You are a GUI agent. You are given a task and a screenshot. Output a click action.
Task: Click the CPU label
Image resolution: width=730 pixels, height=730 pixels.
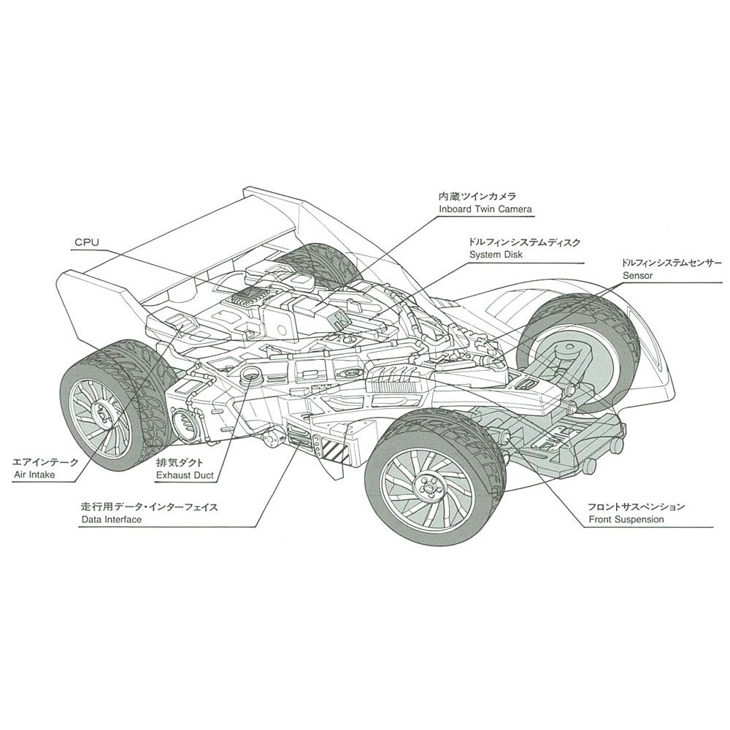(x=86, y=242)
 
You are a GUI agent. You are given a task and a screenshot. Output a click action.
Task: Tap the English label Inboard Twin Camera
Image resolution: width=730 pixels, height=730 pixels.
(x=485, y=210)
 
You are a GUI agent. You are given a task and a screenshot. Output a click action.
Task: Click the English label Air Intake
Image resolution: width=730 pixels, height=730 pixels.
(x=34, y=474)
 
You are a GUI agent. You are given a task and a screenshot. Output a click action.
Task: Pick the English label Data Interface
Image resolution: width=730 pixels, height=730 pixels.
(x=112, y=519)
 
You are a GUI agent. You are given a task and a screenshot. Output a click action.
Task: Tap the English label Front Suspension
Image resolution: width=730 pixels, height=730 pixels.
(x=626, y=519)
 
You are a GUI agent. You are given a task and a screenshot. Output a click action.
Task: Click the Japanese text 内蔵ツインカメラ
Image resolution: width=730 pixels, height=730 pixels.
(x=477, y=197)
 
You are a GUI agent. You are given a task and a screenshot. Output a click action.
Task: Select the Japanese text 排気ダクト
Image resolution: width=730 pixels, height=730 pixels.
(x=180, y=463)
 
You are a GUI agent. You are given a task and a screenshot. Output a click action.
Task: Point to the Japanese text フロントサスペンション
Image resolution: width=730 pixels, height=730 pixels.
(x=637, y=506)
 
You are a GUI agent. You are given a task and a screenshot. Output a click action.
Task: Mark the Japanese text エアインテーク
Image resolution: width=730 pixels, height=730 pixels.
(x=45, y=462)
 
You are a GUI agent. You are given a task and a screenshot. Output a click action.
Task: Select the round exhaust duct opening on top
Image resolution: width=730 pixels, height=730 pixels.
(x=251, y=376)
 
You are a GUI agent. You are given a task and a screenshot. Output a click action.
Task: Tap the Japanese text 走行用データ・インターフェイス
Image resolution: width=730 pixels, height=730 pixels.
(x=149, y=506)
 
